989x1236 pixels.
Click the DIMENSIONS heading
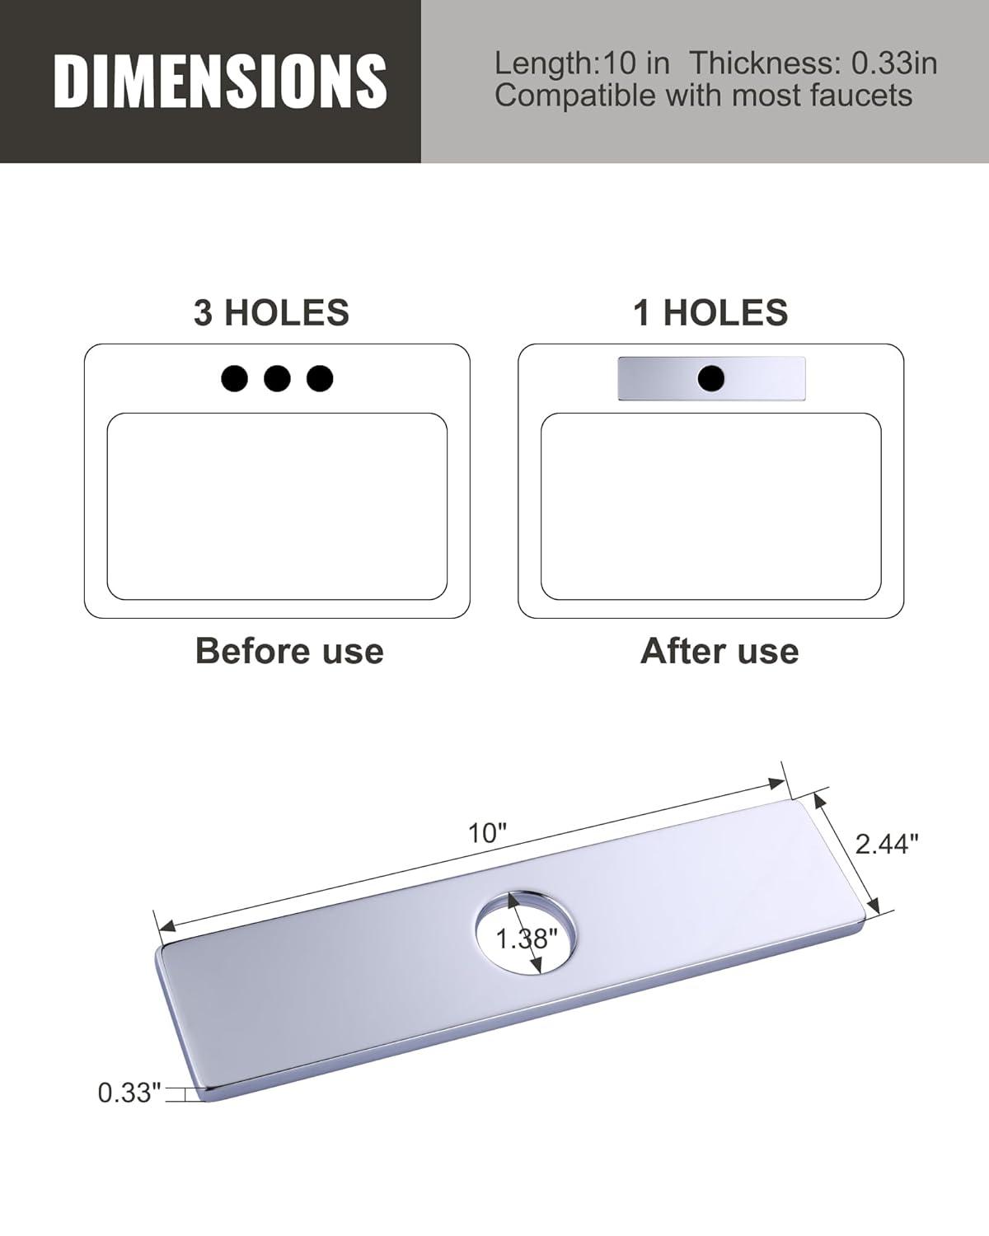(x=220, y=81)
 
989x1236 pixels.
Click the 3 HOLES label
(x=271, y=313)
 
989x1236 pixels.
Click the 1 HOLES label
(x=710, y=313)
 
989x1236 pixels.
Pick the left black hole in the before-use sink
(x=234, y=378)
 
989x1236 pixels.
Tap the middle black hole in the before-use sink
(x=277, y=378)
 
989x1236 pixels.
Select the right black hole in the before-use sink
(x=320, y=378)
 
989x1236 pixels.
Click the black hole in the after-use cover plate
(x=710, y=378)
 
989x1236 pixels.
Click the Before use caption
(x=289, y=651)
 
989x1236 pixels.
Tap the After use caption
(x=719, y=651)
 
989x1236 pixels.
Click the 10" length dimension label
(x=487, y=833)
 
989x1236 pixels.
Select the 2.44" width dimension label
(x=886, y=844)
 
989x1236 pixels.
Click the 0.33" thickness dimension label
(x=129, y=1093)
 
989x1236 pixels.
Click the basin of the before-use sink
(x=277, y=507)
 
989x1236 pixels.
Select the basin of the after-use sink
(x=710, y=507)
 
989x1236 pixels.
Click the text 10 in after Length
(x=636, y=63)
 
